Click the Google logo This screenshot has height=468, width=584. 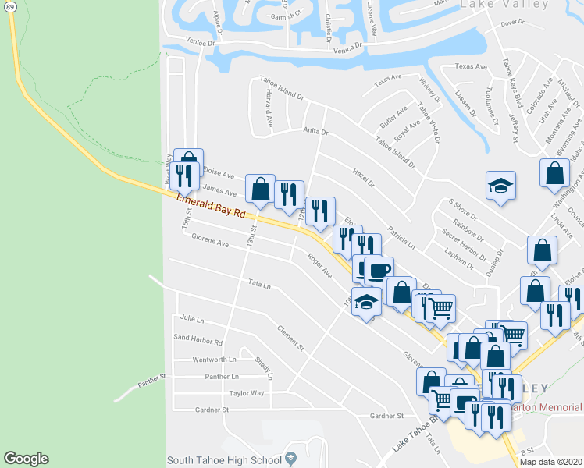[26, 459]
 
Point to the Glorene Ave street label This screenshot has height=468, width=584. [210, 243]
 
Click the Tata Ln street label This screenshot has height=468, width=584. [259, 285]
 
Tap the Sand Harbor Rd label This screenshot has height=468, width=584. [198, 342]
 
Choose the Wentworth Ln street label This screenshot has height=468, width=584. [214, 360]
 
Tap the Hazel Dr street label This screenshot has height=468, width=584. [364, 181]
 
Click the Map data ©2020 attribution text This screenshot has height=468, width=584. [551, 462]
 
